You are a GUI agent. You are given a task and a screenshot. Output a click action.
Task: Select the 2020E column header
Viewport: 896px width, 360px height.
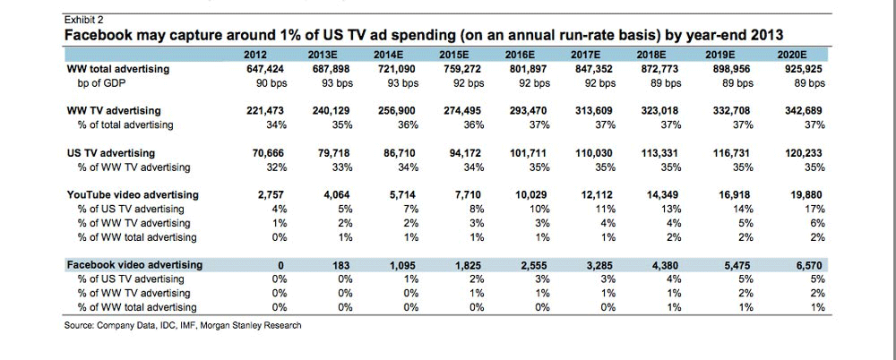809,55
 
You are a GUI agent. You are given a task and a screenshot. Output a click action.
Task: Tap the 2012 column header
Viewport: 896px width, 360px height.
257,55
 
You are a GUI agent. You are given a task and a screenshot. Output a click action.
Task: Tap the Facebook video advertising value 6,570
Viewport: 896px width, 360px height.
810,265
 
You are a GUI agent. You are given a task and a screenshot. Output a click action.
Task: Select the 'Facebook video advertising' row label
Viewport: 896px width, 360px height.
135,265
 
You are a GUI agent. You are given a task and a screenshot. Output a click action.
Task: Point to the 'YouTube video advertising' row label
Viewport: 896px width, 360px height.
134,194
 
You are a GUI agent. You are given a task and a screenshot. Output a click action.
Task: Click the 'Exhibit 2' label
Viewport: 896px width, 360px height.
84,18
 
